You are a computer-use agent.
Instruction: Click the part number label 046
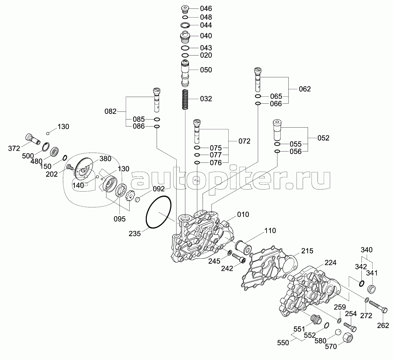pos(206,8)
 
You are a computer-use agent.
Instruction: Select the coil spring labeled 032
pos(185,99)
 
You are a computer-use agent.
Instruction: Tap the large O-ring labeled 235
pos(159,212)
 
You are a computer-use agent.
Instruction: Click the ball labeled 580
pos(338,332)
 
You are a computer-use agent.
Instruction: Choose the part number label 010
pos(243,214)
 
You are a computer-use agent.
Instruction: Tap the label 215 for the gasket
pos(307,251)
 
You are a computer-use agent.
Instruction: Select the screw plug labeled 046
pos(185,9)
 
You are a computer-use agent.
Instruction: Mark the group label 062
pos(305,89)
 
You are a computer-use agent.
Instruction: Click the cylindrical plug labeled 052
pos(277,130)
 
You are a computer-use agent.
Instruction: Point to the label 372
pos(14,148)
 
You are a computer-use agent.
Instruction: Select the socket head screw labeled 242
pos(239,258)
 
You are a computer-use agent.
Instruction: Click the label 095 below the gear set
pos(119,219)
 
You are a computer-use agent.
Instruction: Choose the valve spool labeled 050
pos(185,73)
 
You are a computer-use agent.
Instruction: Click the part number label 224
pos(330,263)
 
